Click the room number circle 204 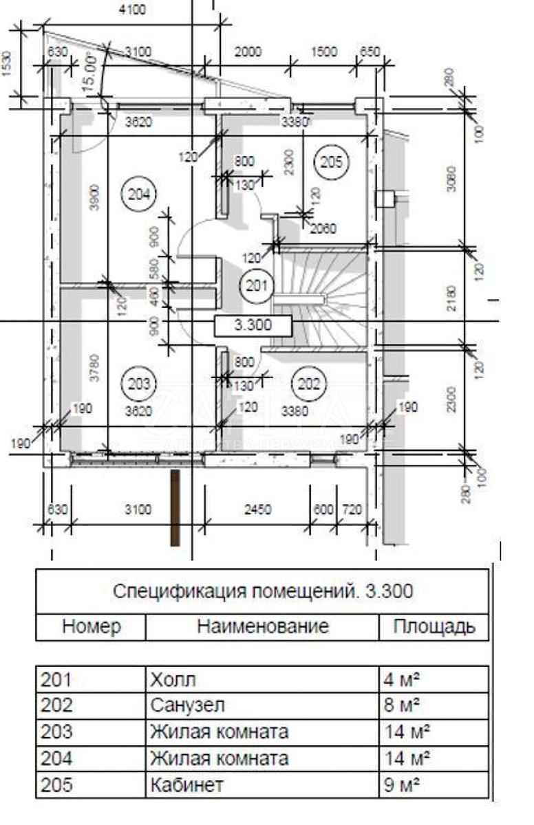click(138, 194)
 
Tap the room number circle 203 click(138, 383)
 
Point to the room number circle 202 click(308, 383)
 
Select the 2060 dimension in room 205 click(323, 229)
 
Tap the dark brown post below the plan click(175, 507)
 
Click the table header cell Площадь click(434, 627)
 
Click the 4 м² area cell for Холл click(403, 680)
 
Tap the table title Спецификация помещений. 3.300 click(262, 591)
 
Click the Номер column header click(92, 627)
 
